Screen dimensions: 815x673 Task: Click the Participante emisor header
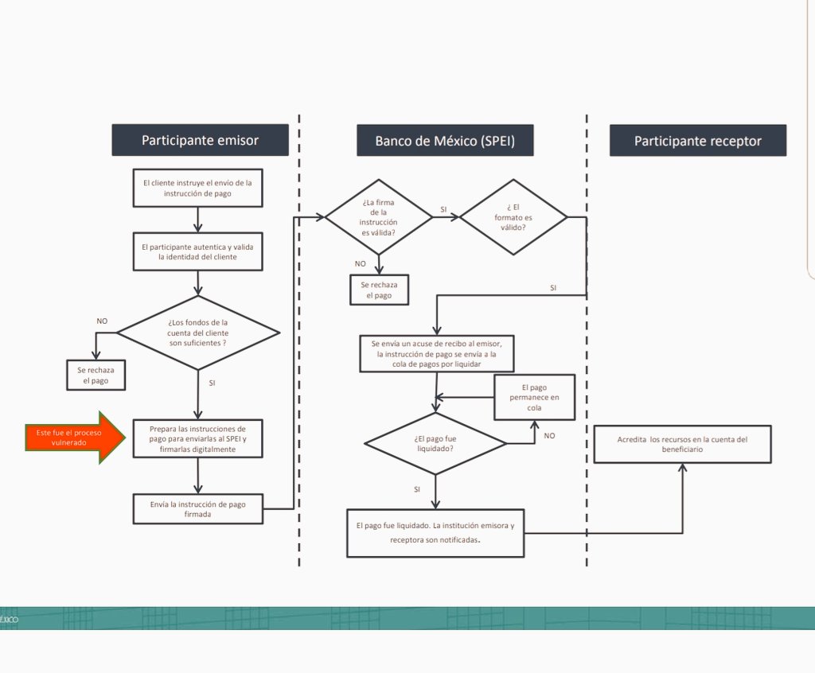click(200, 140)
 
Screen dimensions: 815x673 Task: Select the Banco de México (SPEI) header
click(445, 140)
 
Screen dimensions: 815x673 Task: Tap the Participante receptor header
click(698, 140)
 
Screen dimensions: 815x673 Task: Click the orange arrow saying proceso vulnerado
click(76, 438)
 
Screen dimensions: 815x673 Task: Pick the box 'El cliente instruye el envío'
click(197, 188)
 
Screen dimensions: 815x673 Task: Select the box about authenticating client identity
click(197, 251)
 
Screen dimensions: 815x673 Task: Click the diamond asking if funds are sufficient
click(198, 333)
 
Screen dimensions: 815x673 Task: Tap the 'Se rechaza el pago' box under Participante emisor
click(96, 375)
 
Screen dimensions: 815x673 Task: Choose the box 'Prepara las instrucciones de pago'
click(197, 438)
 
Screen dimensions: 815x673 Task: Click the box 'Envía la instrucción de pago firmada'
click(197, 509)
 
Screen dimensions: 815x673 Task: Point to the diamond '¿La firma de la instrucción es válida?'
click(379, 217)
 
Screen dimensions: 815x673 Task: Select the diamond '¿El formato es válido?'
click(513, 217)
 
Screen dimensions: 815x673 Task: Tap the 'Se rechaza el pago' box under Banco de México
click(379, 290)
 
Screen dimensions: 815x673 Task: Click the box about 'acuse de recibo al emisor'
click(437, 353)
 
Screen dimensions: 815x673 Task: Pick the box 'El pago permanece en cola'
click(534, 397)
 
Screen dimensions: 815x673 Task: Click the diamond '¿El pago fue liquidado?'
click(435, 443)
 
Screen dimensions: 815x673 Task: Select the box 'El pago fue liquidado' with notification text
click(435, 533)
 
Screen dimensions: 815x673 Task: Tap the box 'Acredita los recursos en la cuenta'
click(682, 445)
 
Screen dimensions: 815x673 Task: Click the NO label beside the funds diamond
click(102, 321)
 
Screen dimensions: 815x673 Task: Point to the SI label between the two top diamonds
click(443, 209)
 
